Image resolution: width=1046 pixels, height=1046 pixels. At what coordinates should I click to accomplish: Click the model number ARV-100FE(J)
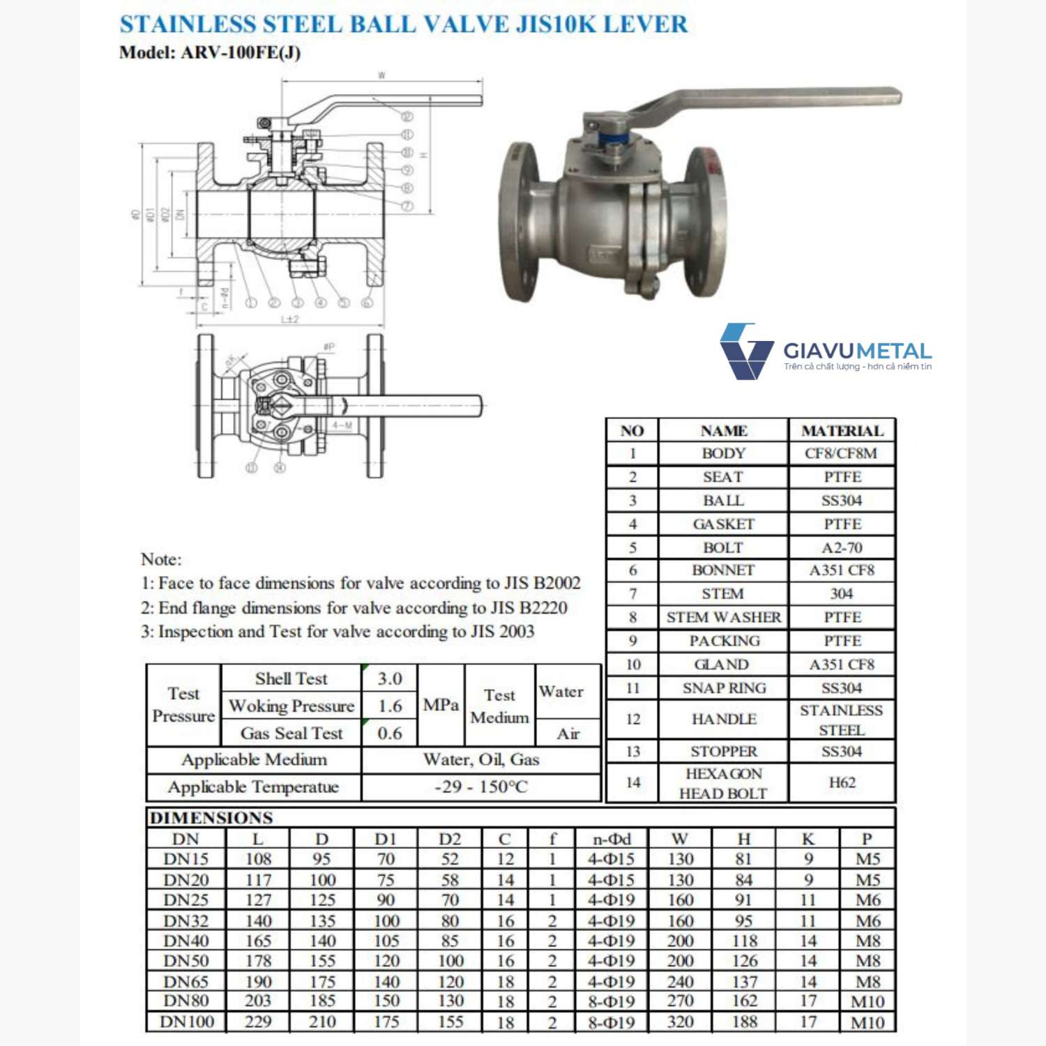[x=241, y=53]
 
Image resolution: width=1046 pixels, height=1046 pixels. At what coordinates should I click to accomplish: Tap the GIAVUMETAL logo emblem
[x=746, y=351]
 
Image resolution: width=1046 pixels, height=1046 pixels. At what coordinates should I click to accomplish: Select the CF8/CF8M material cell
[x=841, y=453]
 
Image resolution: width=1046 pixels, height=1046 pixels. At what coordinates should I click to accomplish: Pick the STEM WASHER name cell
[x=723, y=617]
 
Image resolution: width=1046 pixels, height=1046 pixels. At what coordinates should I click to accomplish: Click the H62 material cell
[x=842, y=782]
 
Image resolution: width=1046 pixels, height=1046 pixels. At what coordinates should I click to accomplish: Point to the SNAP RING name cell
[x=723, y=688]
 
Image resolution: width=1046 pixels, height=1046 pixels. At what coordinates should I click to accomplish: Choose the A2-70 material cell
[x=842, y=547]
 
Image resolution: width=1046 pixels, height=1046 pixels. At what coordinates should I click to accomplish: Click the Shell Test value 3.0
[x=390, y=679]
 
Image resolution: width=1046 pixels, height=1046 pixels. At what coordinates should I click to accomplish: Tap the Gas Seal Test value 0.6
[x=390, y=733]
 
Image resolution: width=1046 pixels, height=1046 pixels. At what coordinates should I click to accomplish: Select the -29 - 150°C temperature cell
[x=480, y=787]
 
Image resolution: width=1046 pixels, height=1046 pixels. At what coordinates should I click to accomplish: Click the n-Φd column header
[x=611, y=839]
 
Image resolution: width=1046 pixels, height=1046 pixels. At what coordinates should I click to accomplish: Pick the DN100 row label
[x=186, y=1022]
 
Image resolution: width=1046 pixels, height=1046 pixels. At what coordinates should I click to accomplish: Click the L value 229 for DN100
[x=257, y=1022]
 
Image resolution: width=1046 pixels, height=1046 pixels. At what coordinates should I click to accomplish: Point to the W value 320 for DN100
[x=680, y=1022]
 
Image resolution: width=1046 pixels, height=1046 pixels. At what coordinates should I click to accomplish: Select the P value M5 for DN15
[x=867, y=859]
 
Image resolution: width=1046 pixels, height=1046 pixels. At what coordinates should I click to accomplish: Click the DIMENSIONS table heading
[x=211, y=817]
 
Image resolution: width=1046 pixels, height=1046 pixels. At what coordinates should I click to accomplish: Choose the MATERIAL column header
[x=842, y=430]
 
